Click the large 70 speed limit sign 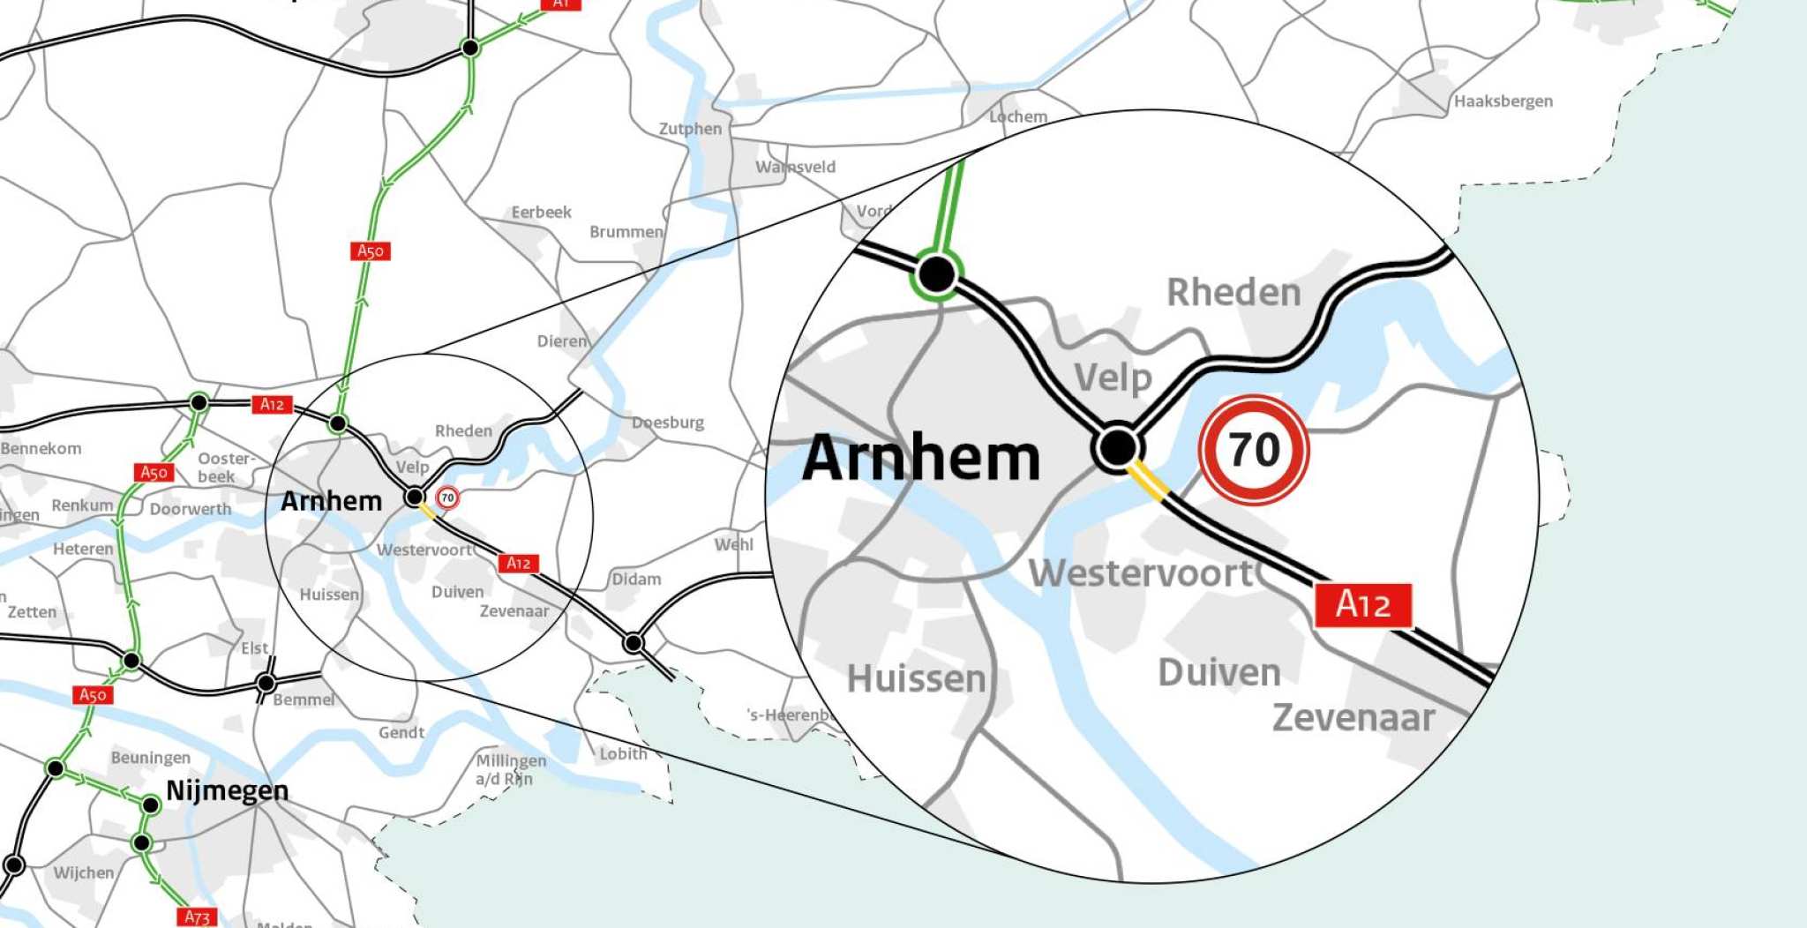tap(1253, 450)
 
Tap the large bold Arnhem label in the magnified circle tap(921, 458)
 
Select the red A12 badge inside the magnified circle tap(1362, 605)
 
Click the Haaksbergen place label tap(1503, 101)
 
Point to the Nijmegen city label tap(227, 790)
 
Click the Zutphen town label tap(690, 129)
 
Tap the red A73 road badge tap(197, 917)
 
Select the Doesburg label tap(668, 423)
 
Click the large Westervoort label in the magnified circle tap(1140, 573)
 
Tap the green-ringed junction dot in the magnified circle tap(936, 274)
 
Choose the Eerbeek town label tap(541, 213)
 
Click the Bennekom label tap(41, 448)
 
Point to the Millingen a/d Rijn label tap(510, 769)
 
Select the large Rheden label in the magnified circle tap(1233, 293)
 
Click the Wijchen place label tap(84, 872)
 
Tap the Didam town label tap(636, 580)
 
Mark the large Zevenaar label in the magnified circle tap(1353, 717)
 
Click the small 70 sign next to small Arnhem tap(447, 498)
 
